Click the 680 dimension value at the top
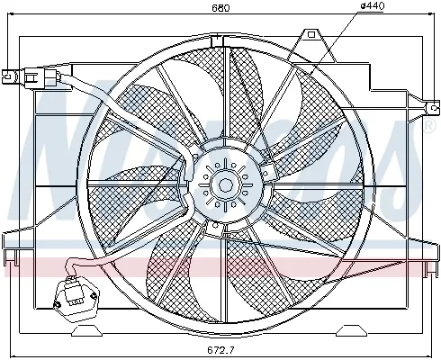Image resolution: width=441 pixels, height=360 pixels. [x=220, y=8]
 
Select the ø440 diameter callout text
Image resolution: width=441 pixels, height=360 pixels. [x=372, y=8]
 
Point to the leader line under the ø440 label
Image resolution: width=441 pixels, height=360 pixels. [x=337, y=40]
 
